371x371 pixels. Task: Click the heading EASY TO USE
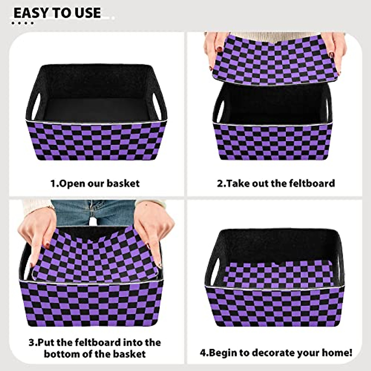(57, 13)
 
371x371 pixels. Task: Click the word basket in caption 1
(123, 183)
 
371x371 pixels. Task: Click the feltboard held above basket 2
(272, 59)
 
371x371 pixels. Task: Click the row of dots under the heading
(22, 23)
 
